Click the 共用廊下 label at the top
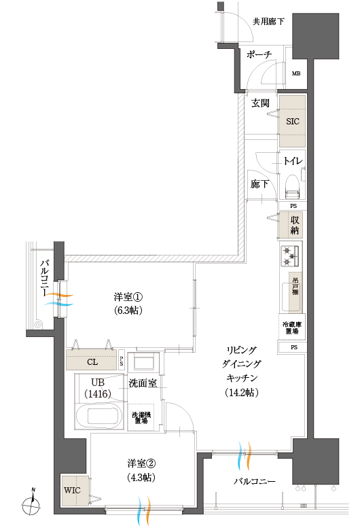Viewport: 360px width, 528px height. coord(268,21)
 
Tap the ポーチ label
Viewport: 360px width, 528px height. coord(260,54)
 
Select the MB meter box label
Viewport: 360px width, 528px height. coord(296,74)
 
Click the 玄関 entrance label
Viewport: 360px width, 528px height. coord(260,103)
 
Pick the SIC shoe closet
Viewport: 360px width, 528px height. coord(293,121)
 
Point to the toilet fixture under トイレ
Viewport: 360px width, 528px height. coord(293,183)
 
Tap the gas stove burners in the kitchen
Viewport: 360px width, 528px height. coord(290,257)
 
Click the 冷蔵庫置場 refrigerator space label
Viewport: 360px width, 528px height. coord(293,328)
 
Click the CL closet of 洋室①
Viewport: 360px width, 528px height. coord(92,362)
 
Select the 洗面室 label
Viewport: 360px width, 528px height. coord(143,383)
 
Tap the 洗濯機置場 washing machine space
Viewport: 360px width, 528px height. coord(142,417)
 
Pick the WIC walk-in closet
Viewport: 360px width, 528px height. coord(73,490)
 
